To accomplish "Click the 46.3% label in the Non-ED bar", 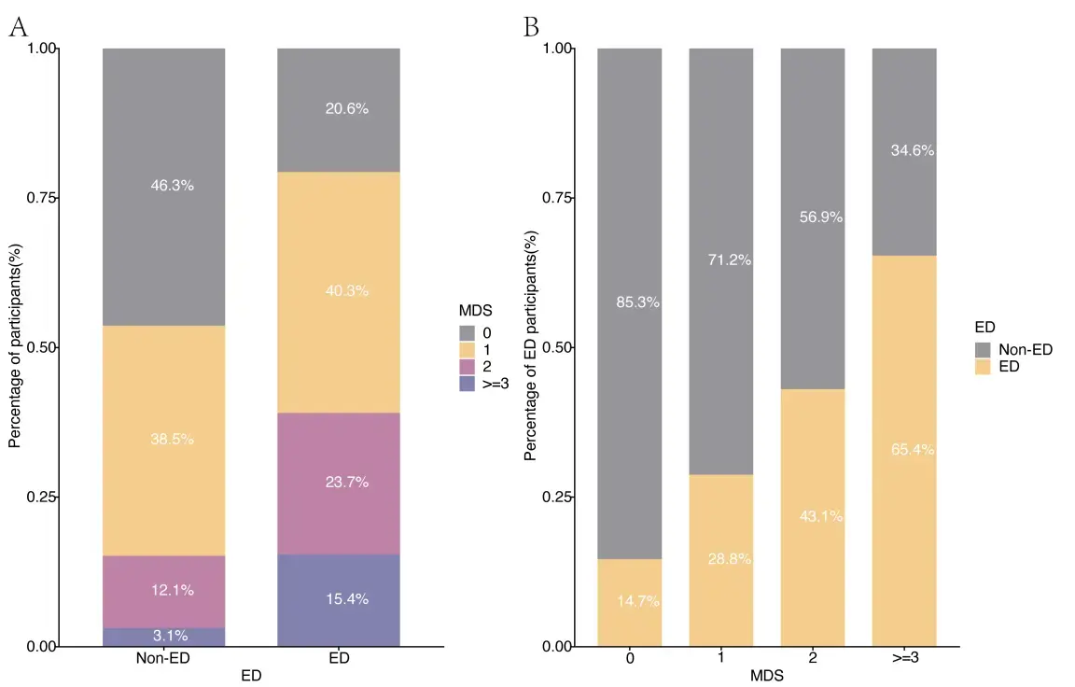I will [172, 186].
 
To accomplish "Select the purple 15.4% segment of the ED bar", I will [339, 599].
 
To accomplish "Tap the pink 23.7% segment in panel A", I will [339, 483].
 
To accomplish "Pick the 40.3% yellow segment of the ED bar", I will [339, 291].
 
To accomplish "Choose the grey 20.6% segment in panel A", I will [339, 109].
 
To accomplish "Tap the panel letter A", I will [17, 27].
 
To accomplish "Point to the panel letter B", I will [532, 27].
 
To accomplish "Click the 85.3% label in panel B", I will [637, 302].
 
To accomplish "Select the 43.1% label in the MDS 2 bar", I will [820, 516].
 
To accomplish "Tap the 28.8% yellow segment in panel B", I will [720, 559].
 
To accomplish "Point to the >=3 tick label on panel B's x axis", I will [903, 656].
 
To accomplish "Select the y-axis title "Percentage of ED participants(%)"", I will [530, 346].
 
